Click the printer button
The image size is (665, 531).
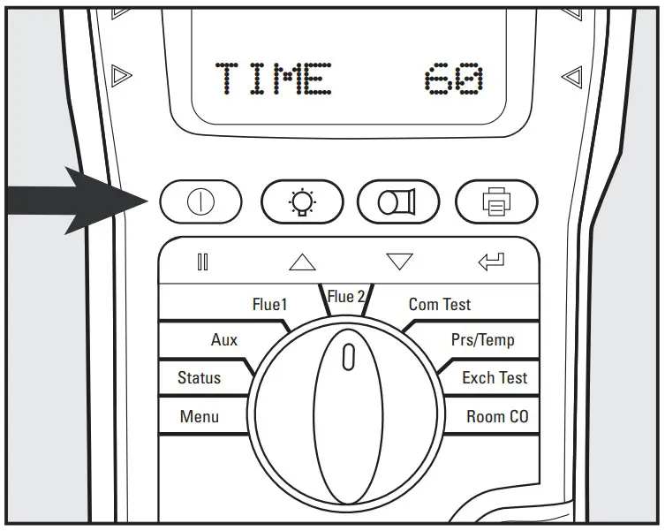(496, 202)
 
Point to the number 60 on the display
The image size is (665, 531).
(453, 80)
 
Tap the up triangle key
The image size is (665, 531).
(302, 262)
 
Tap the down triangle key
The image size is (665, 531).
(399, 262)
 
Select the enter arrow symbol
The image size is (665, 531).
(491, 261)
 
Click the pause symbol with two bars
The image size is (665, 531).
(202, 262)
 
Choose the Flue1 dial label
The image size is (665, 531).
(270, 305)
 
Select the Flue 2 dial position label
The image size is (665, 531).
(346, 297)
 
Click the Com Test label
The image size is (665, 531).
(439, 305)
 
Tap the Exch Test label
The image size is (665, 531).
(494, 377)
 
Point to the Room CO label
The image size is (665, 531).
(497, 416)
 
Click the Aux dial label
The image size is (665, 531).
(224, 339)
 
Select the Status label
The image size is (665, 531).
(199, 377)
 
